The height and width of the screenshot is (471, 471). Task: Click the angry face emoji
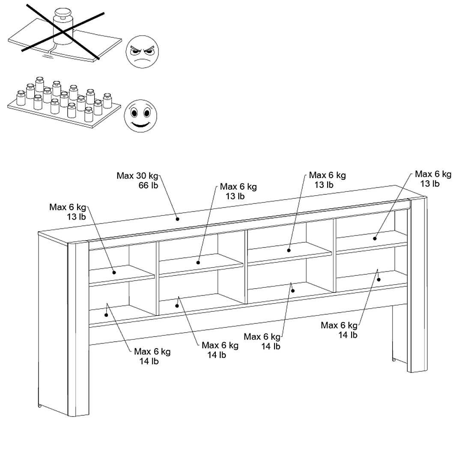(143, 51)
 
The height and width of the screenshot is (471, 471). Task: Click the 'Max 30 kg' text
(137, 176)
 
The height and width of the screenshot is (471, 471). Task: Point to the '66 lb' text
(148, 185)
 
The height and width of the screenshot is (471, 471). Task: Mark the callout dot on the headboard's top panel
(177, 219)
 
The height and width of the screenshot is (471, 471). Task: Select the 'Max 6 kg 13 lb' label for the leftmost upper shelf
(68, 212)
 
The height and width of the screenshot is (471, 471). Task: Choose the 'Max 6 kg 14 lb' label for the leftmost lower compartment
(152, 356)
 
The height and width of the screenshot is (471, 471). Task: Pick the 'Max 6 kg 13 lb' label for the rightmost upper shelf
(433, 179)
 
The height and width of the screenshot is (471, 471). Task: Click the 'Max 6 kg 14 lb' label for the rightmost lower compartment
(339, 330)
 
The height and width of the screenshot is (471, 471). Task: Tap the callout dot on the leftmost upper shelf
(114, 272)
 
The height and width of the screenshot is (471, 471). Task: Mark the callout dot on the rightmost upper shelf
(375, 238)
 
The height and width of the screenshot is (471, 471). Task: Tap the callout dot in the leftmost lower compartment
(106, 315)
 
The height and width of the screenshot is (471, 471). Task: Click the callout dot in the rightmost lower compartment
(379, 279)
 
